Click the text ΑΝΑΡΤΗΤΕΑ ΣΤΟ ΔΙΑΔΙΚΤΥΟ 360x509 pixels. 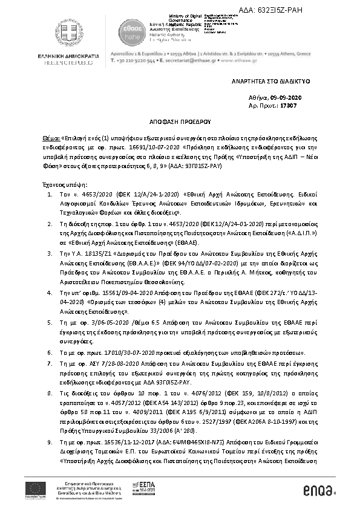pyautogui.click(x=265, y=80)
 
